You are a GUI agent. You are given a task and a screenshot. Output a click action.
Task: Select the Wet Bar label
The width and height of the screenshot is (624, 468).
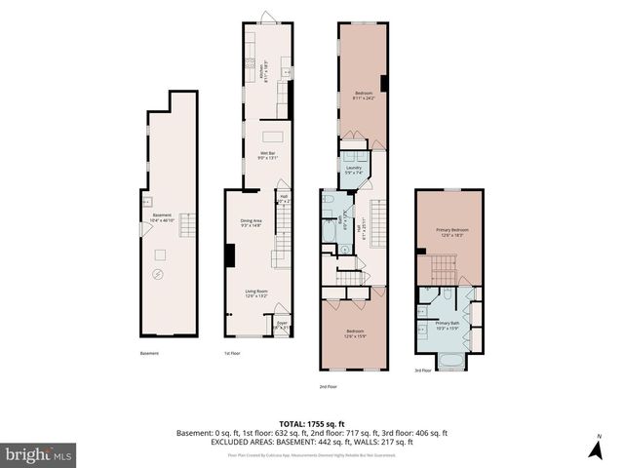tap(265, 155)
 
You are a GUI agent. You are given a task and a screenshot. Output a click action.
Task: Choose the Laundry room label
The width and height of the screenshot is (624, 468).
tap(353, 170)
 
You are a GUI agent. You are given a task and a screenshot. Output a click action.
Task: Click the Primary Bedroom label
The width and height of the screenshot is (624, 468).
tap(448, 232)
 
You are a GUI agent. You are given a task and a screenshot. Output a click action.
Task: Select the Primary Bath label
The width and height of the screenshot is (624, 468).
tap(447, 325)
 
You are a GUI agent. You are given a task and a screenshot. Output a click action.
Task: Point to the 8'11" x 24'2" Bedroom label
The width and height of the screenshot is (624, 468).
tap(363, 96)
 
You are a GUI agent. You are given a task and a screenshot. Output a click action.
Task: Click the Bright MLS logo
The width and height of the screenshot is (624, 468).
tap(39, 454)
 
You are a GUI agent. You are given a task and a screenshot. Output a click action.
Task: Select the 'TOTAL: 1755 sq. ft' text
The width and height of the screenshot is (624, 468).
tap(311, 422)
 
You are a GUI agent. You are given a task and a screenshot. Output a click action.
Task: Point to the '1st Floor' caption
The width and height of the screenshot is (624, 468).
tap(233, 353)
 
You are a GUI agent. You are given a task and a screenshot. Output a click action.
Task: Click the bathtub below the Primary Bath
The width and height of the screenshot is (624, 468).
tap(449, 365)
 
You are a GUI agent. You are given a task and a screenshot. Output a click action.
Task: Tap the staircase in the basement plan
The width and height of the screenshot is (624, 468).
tap(188, 221)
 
